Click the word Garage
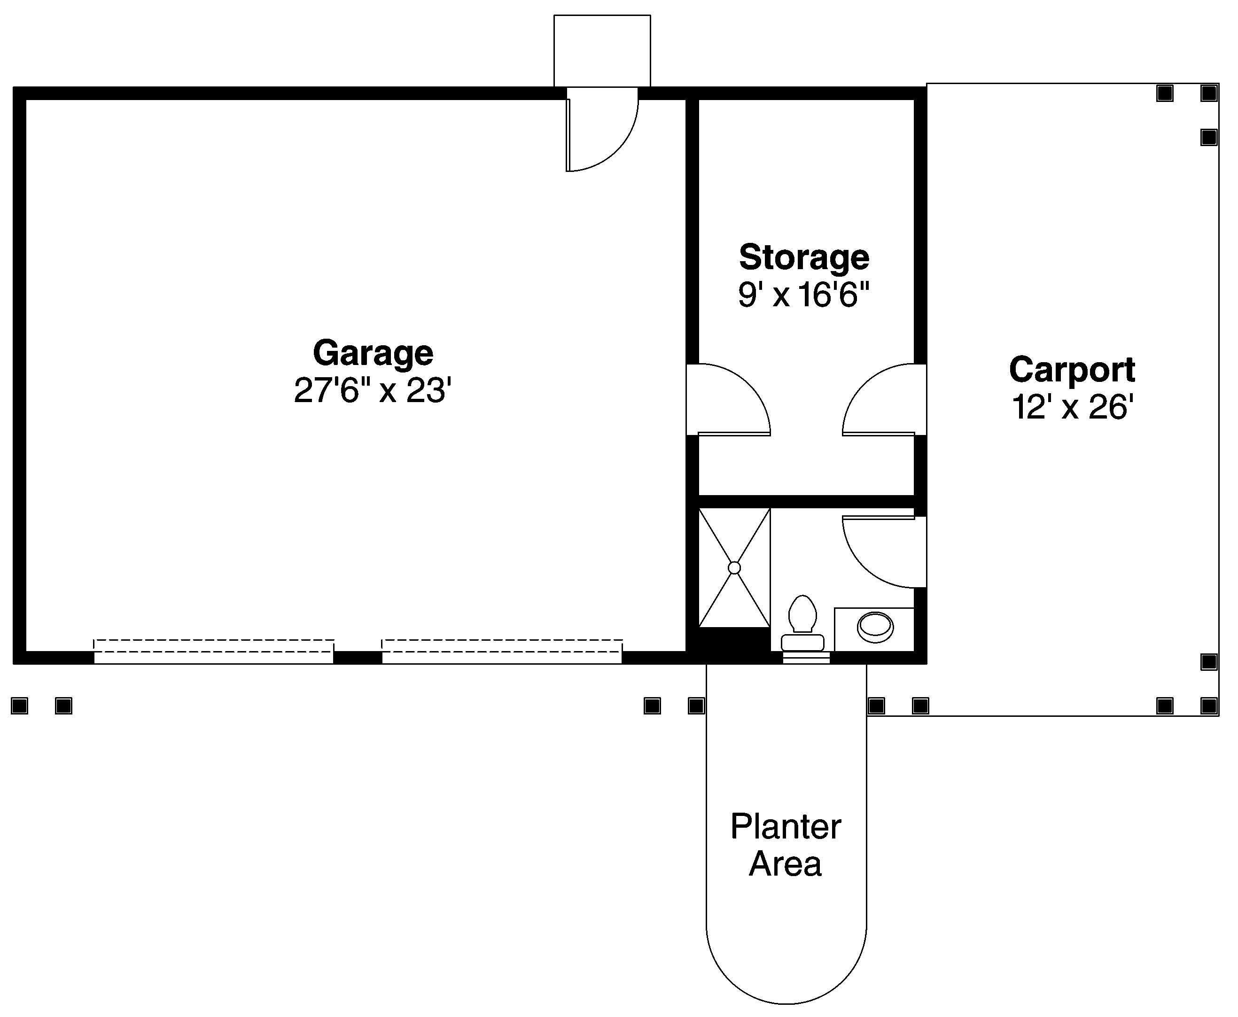(373, 353)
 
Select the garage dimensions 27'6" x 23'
(373, 391)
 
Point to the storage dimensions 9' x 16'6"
(803, 294)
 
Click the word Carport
(1072, 370)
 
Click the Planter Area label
(785, 846)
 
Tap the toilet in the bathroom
(802, 624)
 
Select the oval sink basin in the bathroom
(875, 627)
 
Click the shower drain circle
(734, 567)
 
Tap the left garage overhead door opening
(214, 652)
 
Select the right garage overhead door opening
(502, 652)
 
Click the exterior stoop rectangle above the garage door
(602, 51)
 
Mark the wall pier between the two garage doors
(358, 657)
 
